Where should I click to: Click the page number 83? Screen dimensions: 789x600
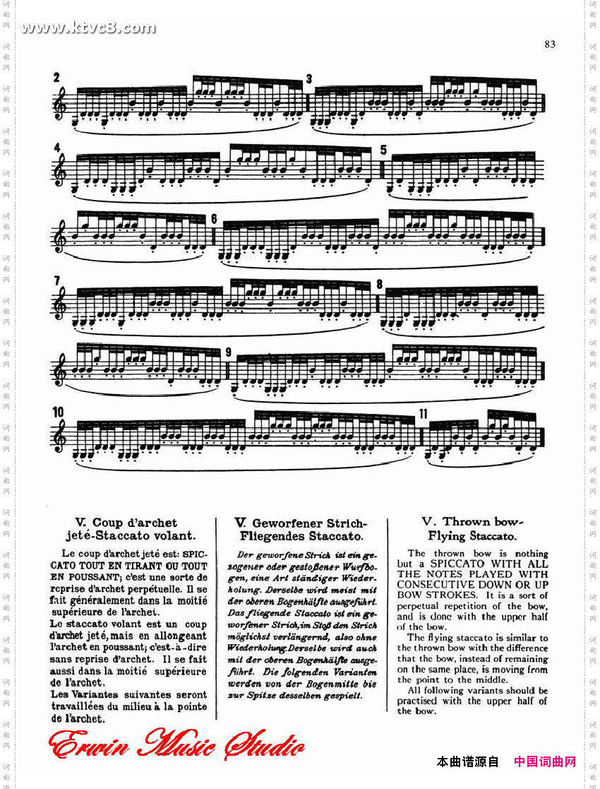[550, 44]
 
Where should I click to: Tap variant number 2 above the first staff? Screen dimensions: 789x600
[56, 77]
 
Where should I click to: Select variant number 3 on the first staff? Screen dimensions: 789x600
[309, 78]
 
